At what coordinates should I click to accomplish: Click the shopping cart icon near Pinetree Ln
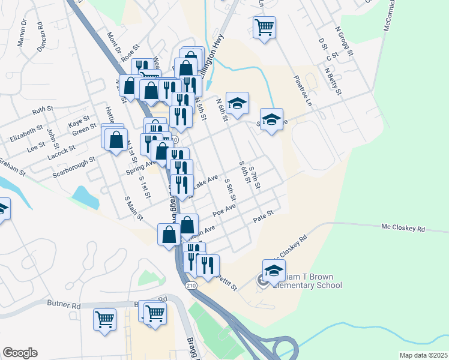point(264,28)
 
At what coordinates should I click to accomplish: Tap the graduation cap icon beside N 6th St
point(238,103)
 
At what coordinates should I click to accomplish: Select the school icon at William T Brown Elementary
point(274,271)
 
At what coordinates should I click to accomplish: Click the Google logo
point(20,353)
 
